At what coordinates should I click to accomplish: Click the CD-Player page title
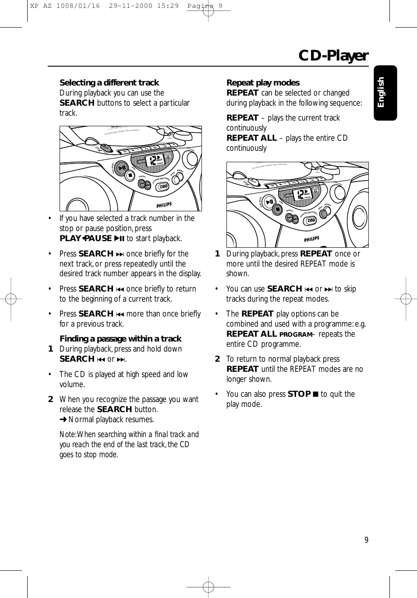coord(333,56)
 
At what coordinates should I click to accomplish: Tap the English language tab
coord(381,93)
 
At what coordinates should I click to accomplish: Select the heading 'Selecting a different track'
coord(109,82)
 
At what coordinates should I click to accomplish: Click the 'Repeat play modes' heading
coord(263,82)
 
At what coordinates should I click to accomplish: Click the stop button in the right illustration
coord(277,209)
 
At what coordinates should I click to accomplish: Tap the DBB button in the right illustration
coord(311,220)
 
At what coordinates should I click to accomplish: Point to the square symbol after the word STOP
coord(316,394)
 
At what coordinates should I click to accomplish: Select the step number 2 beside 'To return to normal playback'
coord(217,359)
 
